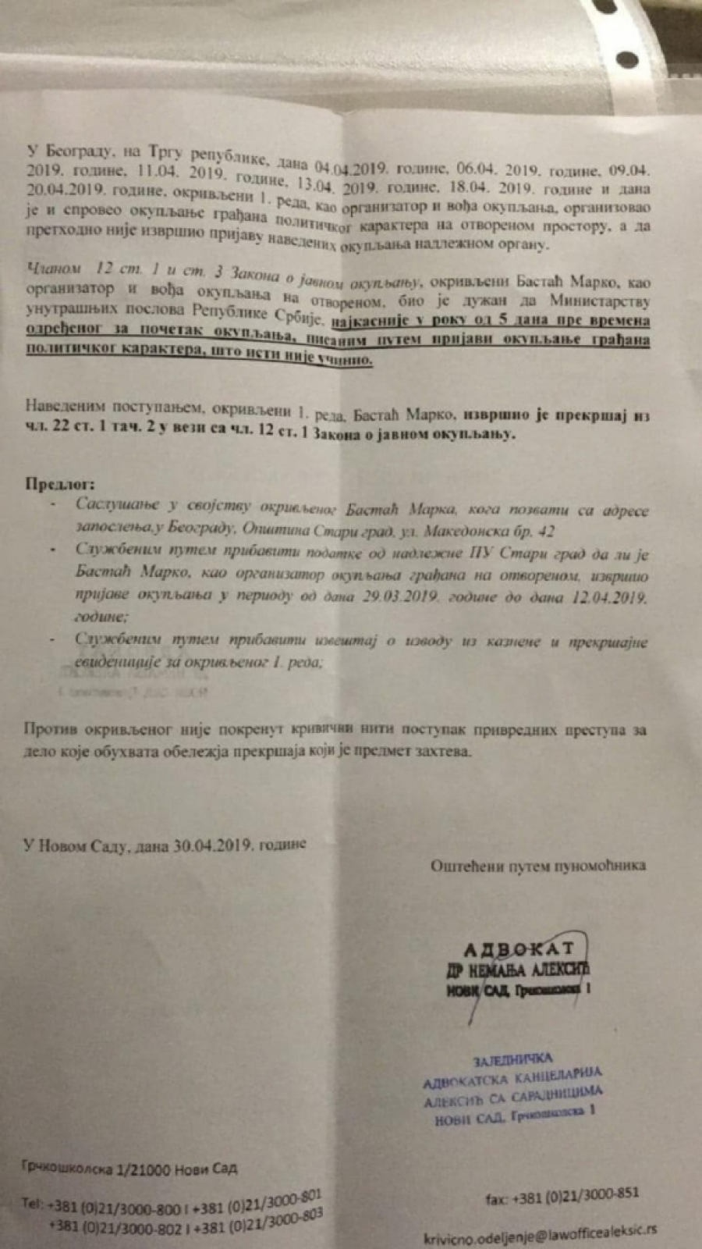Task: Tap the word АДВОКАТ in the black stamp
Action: tap(519, 949)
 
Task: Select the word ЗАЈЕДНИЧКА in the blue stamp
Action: tap(513, 1060)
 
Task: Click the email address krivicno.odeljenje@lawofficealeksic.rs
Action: tap(540, 1233)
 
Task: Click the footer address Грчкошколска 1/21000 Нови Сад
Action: tap(129, 1169)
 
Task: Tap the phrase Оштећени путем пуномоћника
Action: tap(537, 865)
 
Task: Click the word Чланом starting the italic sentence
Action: tap(55, 268)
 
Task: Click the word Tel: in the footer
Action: tap(33, 1204)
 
